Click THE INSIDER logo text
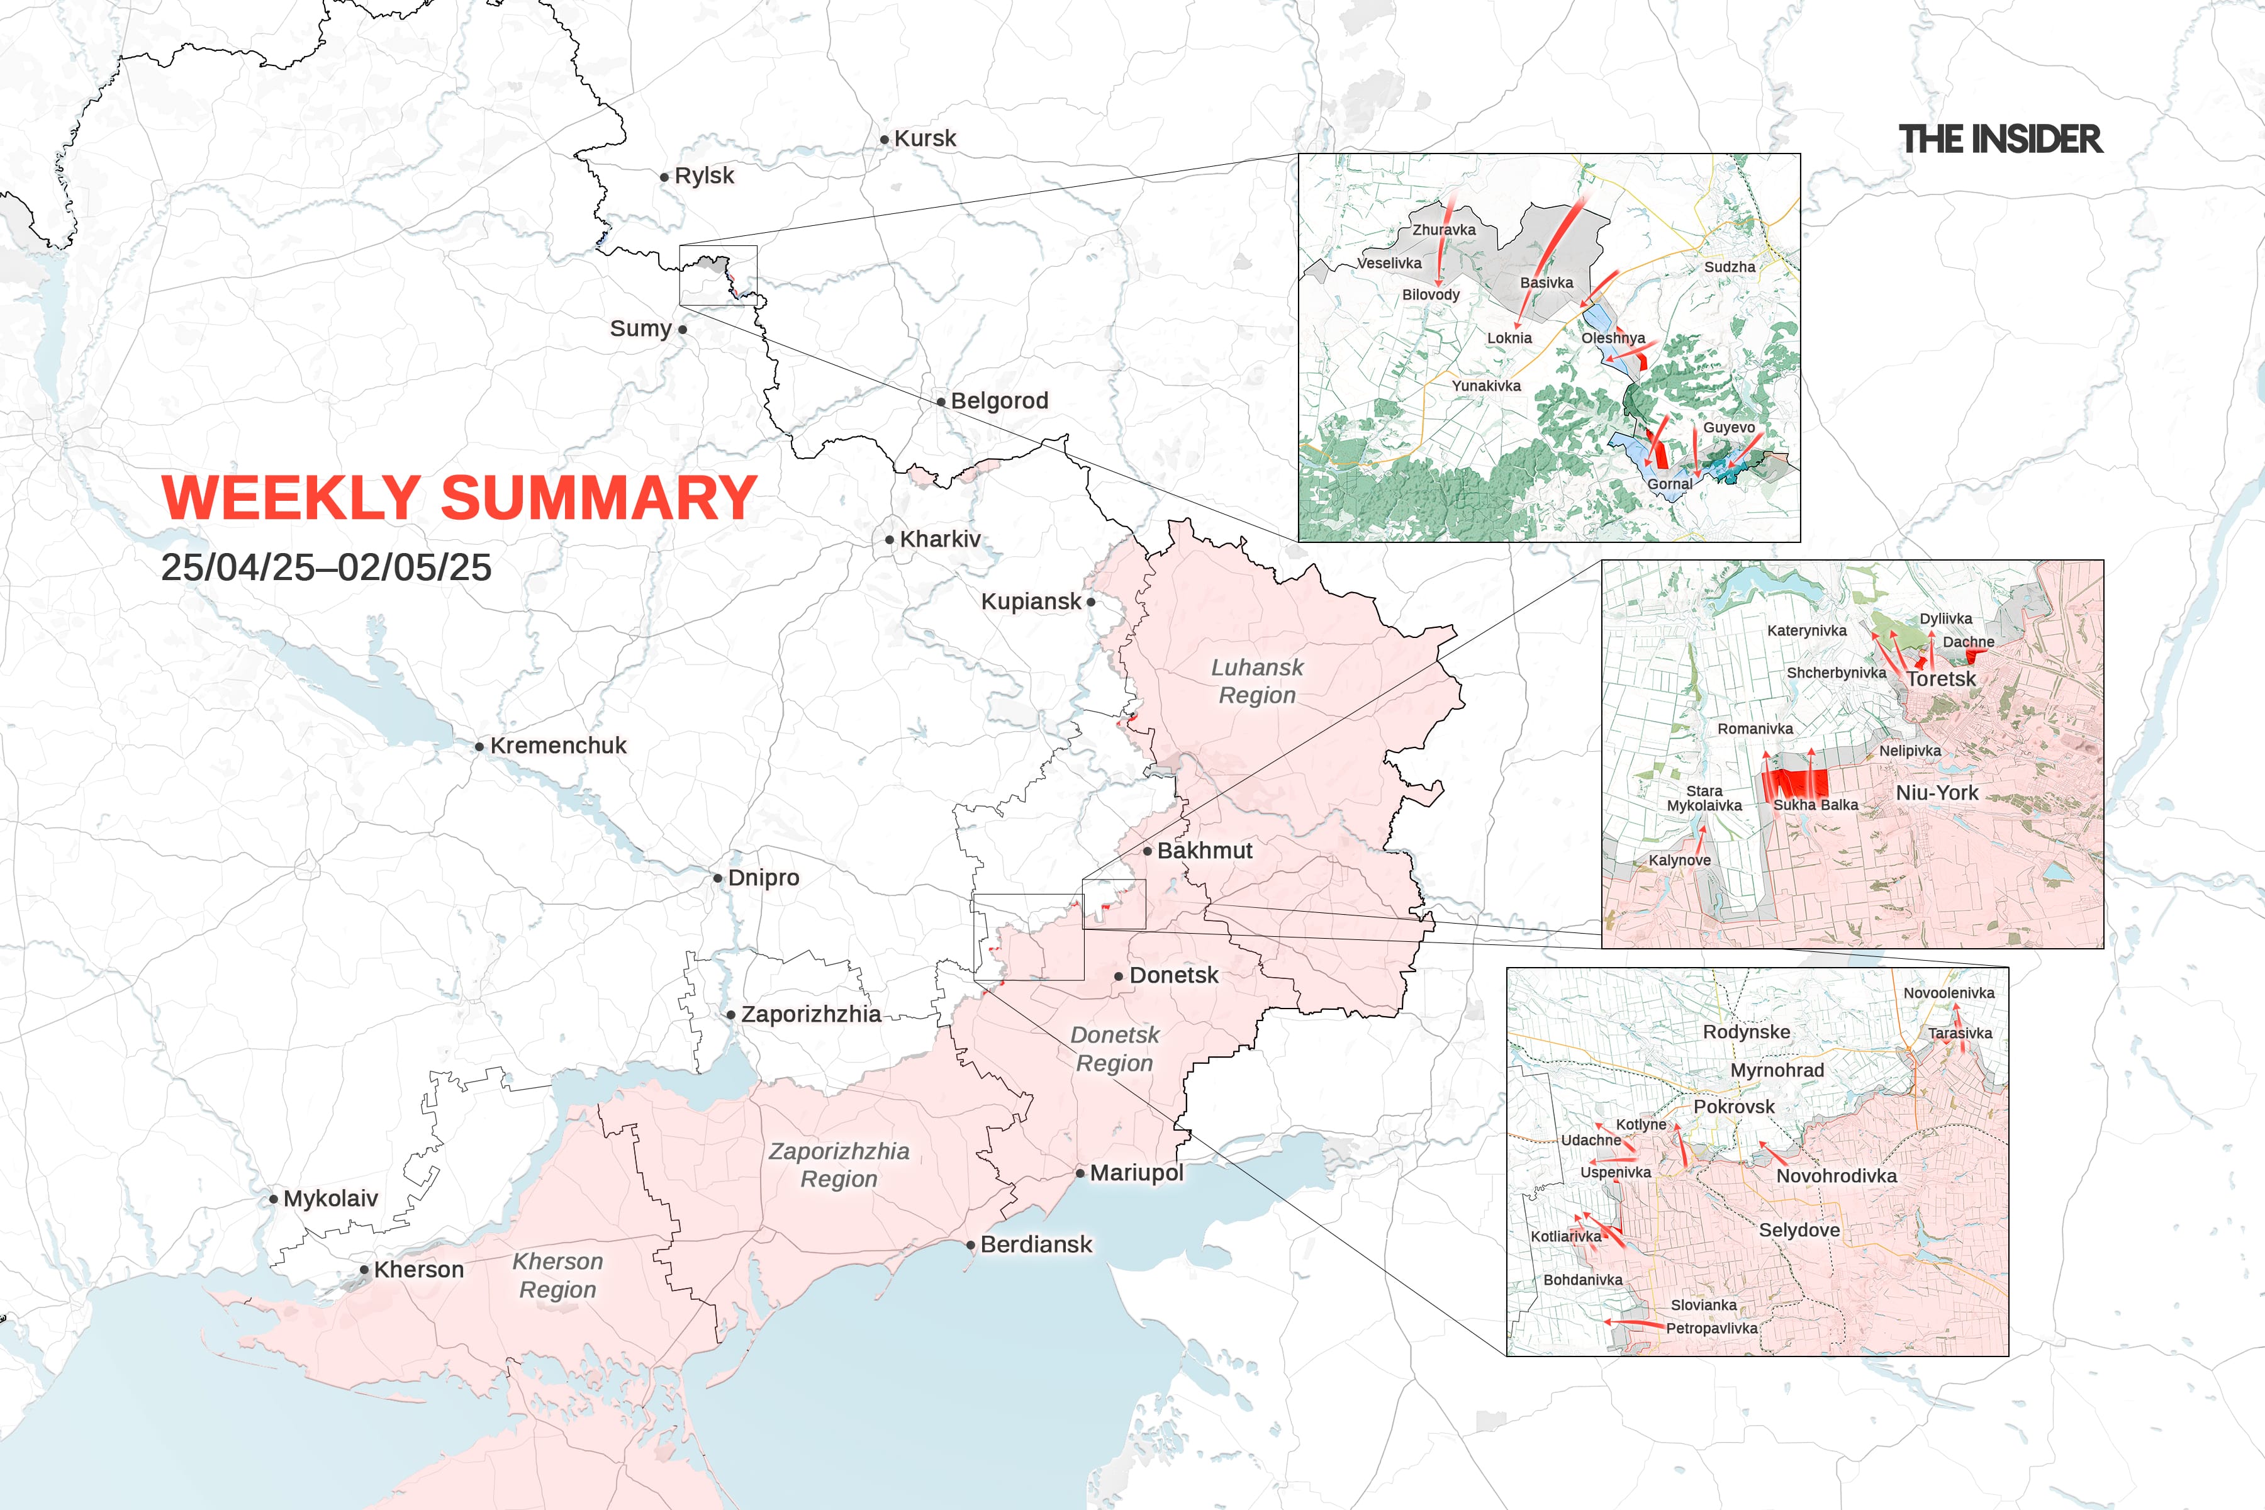2000,140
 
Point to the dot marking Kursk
884,140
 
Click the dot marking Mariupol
1080,1173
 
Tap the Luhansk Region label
1256,681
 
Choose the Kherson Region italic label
557,1275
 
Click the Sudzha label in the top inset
1730,267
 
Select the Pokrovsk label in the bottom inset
1733,1107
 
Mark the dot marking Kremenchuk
479,746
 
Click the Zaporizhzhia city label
811,1014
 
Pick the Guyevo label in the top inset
1728,428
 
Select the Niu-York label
1937,793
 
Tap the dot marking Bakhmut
1148,851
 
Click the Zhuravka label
1443,229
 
